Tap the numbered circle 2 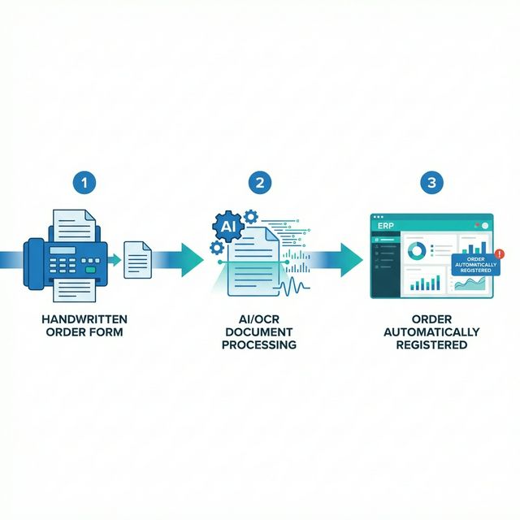coord(260,182)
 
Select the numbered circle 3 coord(431,182)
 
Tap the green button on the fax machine coord(89,269)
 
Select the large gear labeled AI coord(227,222)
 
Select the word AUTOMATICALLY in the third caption coord(431,332)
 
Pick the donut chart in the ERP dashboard coord(416,252)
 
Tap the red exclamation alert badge coord(498,254)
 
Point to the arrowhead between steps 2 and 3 coord(351,258)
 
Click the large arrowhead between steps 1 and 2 coord(193,258)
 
